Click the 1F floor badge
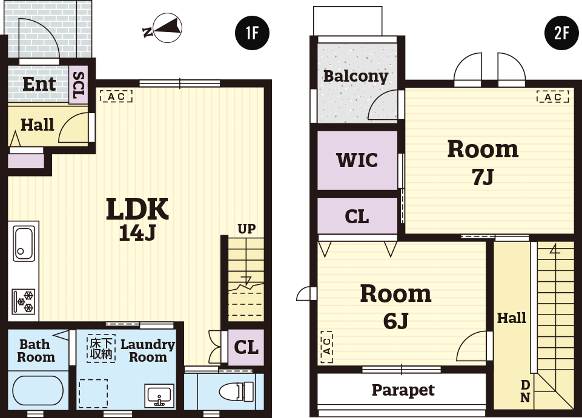point(252,33)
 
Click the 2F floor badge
point(561,33)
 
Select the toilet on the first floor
point(236,391)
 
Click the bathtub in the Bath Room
point(38,391)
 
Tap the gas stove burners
point(24,301)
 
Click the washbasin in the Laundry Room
point(159,395)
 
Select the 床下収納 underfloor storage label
point(101,348)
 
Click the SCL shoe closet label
point(79,85)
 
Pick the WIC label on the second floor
point(357,160)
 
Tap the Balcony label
point(355,76)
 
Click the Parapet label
point(403,390)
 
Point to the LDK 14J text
point(137,219)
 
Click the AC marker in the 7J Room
point(553,97)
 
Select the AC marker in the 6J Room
point(326,347)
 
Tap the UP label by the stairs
point(246,229)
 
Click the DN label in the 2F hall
point(525,391)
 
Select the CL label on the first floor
point(246,348)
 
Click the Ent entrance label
point(39,84)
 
